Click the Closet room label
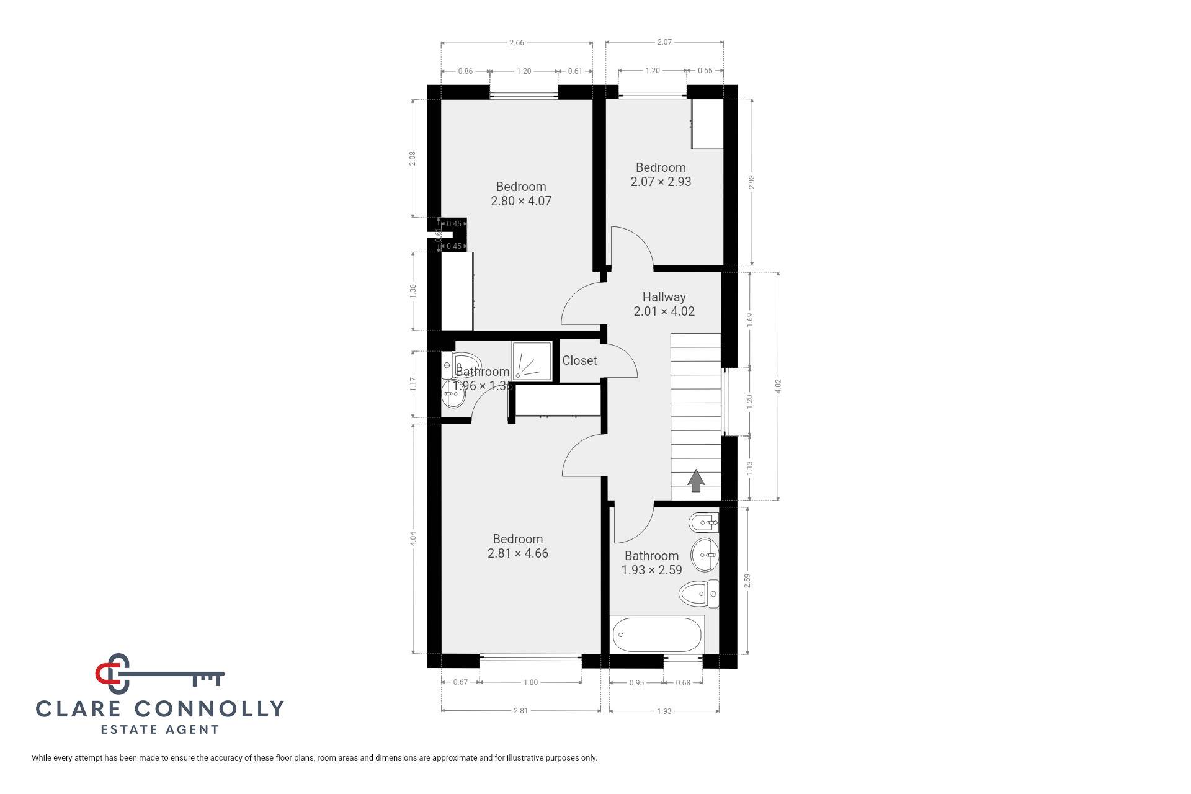point(579,360)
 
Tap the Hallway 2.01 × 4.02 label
point(664,305)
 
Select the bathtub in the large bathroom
point(657,635)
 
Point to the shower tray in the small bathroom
point(532,360)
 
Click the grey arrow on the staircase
point(696,480)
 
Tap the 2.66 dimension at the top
point(516,43)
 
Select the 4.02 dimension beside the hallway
point(778,386)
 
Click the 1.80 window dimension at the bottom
point(530,682)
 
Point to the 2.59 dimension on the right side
point(747,581)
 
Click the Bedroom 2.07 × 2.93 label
point(661,174)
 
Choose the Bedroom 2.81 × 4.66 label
point(518,546)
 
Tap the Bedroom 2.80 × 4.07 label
point(521,194)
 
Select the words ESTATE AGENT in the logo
point(160,729)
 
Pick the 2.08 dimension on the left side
point(413,158)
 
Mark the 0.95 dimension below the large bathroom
point(636,683)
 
